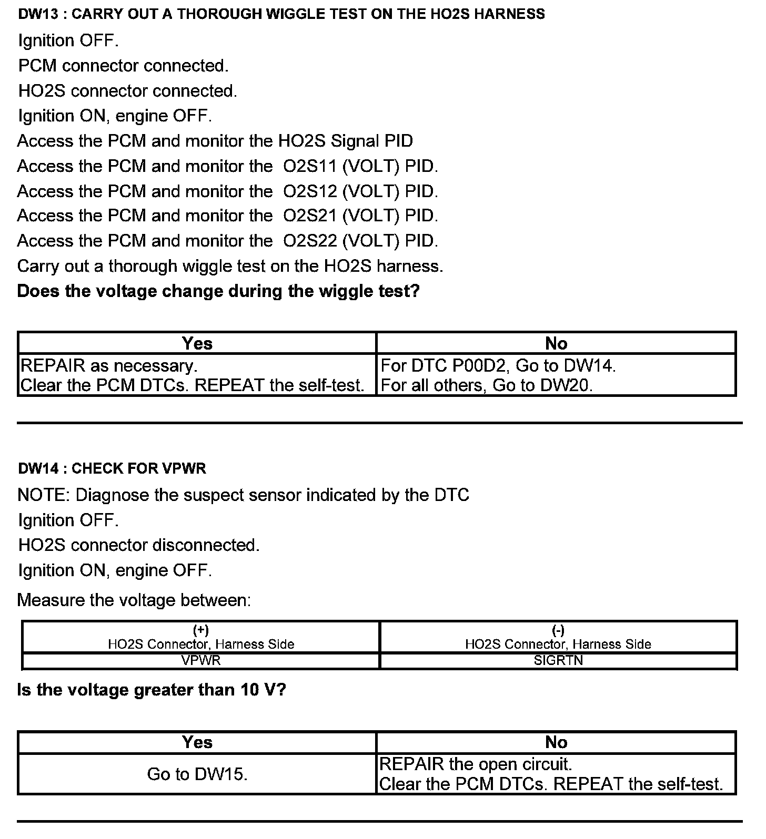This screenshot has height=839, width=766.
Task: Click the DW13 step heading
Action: click(x=281, y=14)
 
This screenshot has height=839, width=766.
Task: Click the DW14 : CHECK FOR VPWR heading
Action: click(x=112, y=468)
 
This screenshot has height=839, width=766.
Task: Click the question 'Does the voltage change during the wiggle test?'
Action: click(x=218, y=291)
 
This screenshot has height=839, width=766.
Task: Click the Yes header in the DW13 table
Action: click(x=197, y=343)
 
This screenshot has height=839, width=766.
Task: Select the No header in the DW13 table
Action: click(x=556, y=343)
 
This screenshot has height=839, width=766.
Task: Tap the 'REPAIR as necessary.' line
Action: click(x=109, y=365)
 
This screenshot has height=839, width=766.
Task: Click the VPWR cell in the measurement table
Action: click(x=201, y=661)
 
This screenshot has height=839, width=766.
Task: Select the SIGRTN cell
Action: click(x=558, y=661)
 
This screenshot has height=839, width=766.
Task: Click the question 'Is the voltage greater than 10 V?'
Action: click(x=152, y=690)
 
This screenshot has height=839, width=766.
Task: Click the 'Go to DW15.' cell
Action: click(x=197, y=774)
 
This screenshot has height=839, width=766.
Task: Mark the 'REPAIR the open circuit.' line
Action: click(x=476, y=764)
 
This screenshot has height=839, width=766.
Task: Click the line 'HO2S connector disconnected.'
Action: click(x=139, y=545)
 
